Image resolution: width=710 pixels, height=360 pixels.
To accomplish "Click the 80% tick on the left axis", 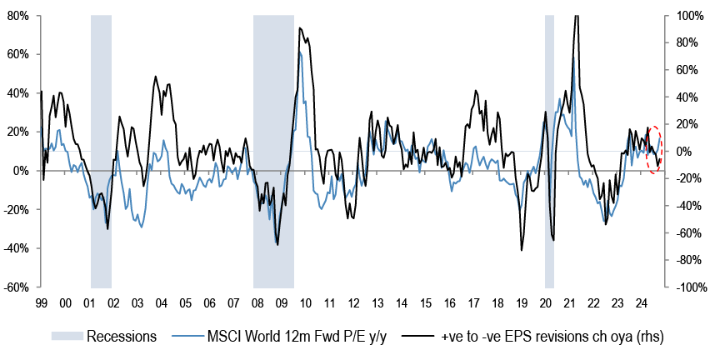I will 17,16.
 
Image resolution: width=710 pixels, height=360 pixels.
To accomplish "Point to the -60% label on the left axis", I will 16,287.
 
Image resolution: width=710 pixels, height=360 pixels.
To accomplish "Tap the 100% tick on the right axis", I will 687,16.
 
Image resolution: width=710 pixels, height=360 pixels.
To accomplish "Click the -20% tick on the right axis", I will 687,178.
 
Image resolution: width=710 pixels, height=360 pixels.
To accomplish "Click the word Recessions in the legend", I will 122,337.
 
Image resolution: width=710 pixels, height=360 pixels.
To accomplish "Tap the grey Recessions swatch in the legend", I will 67,337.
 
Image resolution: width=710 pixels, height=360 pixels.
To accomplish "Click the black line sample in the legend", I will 418,337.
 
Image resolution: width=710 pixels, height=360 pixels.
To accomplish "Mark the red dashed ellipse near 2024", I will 654,150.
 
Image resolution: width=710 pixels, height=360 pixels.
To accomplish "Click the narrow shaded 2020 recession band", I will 549,150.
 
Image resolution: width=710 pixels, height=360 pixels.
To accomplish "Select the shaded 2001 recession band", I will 101,150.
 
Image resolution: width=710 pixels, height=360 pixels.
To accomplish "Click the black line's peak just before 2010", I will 300,29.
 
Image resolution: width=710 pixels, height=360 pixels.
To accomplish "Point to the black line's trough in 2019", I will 522,249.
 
